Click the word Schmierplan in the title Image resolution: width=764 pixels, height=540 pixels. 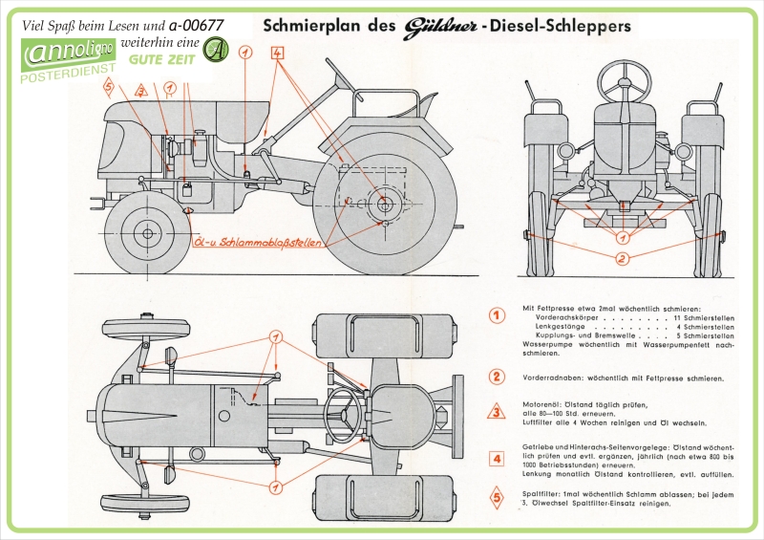click(x=310, y=26)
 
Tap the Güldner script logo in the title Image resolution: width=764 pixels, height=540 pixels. click(x=430, y=26)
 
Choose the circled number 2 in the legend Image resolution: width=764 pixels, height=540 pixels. click(x=497, y=378)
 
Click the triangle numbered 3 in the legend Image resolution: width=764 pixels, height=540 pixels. click(x=497, y=414)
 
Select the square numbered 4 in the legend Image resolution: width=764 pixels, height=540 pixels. click(x=497, y=459)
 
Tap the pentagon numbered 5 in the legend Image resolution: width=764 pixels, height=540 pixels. click(x=497, y=497)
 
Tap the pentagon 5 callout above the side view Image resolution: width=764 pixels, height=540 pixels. click(x=109, y=87)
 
